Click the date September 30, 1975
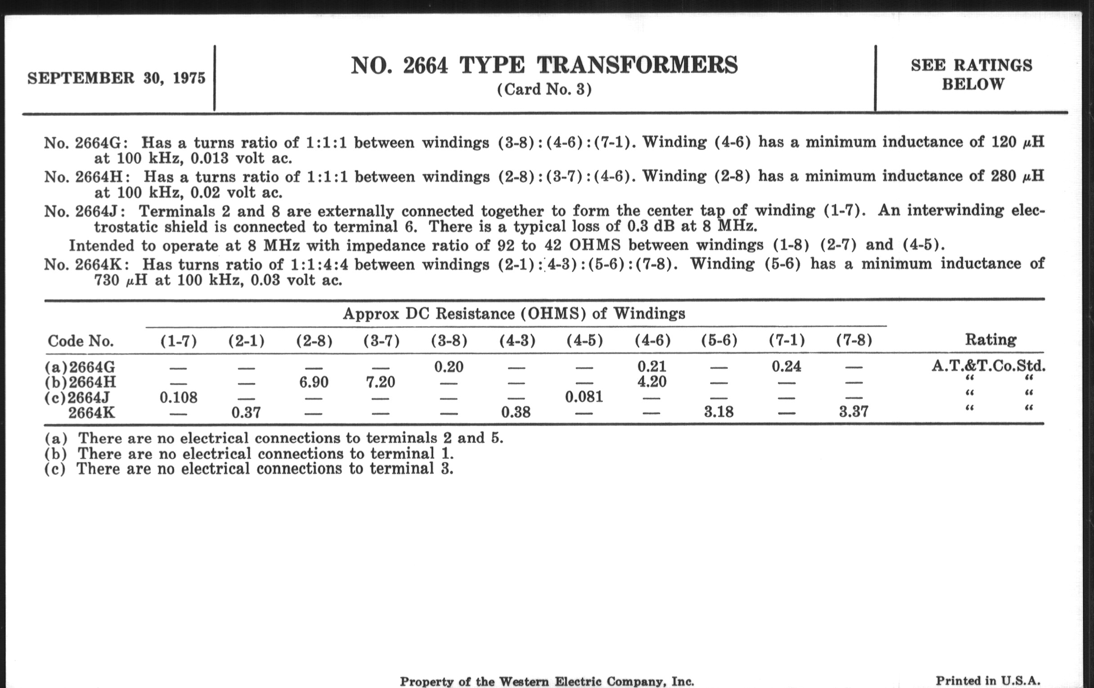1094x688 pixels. (117, 78)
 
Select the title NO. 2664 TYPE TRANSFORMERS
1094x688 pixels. (544, 65)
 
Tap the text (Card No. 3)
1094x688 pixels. (544, 89)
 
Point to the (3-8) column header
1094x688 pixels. (449, 340)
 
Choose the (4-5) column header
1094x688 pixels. (584, 340)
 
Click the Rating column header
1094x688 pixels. (991, 339)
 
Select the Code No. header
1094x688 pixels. (81, 340)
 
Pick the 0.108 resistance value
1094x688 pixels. (179, 398)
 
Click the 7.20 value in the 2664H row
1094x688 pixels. (381, 382)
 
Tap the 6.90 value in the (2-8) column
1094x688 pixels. (314, 382)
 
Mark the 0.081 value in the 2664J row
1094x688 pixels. (584, 397)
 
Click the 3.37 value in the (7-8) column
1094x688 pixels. (853, 412)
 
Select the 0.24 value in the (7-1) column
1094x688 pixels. (786, 366)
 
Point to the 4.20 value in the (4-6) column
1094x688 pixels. (652, 381)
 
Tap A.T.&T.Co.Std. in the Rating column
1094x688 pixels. (988, 366)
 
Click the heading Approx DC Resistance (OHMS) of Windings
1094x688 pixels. (514, 313)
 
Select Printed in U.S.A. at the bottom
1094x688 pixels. (988, 680)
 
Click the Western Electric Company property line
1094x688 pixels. (547, 681)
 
